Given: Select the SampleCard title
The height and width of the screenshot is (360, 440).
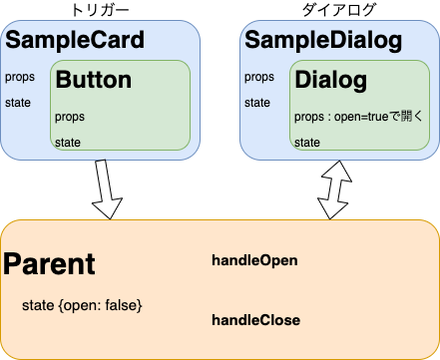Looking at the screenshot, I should click(x=75, y=41).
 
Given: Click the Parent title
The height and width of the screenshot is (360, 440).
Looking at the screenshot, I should click(x=50, y=264).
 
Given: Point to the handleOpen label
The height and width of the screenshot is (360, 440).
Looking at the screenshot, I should click(x=254, y=260).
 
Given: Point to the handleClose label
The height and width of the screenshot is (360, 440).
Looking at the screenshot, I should click(x=255, y=320).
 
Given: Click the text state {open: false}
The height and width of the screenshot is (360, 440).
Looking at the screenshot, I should click(x=82, y=303).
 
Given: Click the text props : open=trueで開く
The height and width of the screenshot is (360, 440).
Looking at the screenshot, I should click(x=359, y=117).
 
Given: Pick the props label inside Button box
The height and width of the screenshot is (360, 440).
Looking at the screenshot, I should click(x=71, y=117).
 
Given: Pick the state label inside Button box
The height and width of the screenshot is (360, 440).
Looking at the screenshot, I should click(x=69, y=143).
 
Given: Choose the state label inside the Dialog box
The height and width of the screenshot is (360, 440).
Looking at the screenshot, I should click(x=307, y=143).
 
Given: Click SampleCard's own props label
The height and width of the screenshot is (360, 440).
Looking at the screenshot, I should click(x=19, y=77).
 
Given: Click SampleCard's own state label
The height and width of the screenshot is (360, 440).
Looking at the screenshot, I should click(x=18, y=102).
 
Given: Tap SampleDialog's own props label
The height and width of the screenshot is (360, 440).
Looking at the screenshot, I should click(x=258, y=77).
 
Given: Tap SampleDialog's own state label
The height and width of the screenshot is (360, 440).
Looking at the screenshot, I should click(x=257, y=102).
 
